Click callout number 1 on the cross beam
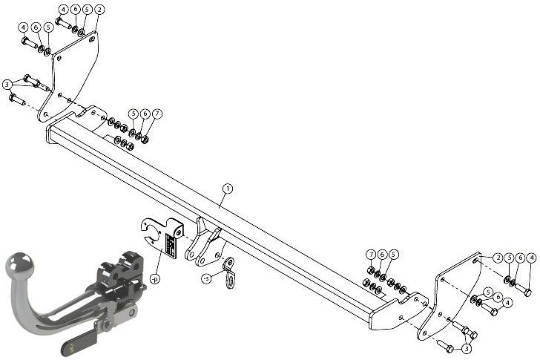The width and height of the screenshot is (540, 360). [227, 189]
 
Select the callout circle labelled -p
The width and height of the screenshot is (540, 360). [155, 279]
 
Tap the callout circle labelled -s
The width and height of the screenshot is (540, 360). [206, 278]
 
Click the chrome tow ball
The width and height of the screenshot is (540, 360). [20, 266]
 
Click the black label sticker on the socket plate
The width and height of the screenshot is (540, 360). [171, 245]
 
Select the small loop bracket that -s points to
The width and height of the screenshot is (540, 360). [229, 272]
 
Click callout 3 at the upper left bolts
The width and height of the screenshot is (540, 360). [7, 85]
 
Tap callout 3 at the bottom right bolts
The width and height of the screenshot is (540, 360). [467, 349]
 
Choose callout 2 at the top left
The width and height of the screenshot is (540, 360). [99, 10]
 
